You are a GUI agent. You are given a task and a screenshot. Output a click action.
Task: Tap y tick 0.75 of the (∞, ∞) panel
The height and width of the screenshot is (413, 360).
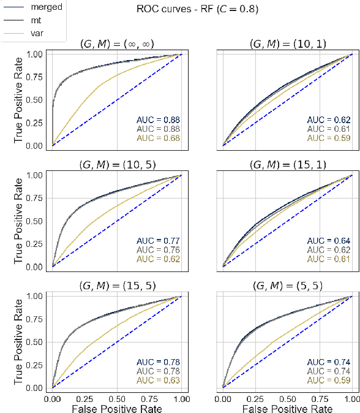click(x=39, y=77)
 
